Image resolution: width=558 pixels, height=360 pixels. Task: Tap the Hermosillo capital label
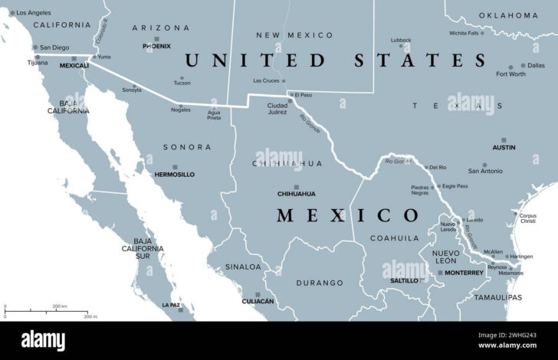[174, 175]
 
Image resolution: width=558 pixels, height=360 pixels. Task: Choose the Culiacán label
[257, 301]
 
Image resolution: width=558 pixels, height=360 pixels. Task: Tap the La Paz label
[171, 305]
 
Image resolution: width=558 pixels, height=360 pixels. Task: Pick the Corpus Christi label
[528, 218]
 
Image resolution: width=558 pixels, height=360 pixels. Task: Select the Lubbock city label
[400, 40]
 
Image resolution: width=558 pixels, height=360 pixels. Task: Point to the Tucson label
[182, 83]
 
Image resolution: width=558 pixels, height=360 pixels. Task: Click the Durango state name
[320, 283]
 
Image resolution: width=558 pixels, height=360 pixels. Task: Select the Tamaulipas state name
[497, 296]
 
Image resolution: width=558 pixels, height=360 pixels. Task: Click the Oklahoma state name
[508, 15]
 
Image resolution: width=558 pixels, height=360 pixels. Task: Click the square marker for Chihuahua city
[295, 186]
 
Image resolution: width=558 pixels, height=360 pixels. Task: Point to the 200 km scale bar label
[58, 306]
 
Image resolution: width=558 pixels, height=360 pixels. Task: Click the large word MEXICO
[336, 215]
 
